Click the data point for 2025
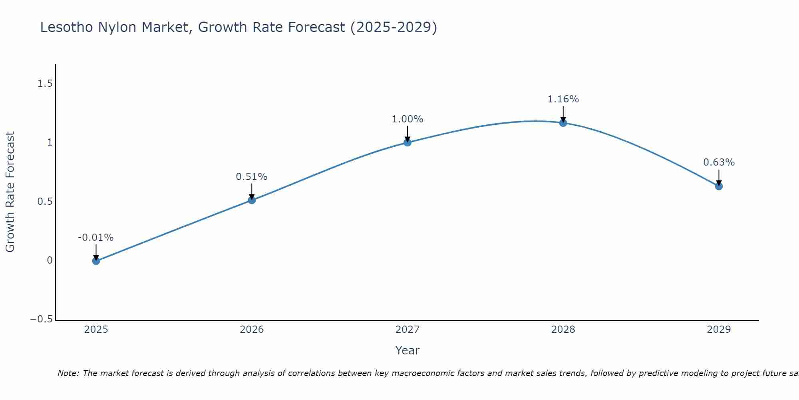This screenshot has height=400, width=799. pos(96,261)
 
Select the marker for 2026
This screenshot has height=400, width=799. pos(252,200)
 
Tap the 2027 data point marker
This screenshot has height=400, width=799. pos(407,142)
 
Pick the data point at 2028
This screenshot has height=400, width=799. pos(563,123)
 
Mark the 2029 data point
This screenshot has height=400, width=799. pos(719,186)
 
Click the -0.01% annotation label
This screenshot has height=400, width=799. pos(96,238)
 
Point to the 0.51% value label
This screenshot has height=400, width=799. pos(252,177)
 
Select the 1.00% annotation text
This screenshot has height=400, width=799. pos(407,119)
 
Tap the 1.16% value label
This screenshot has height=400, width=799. pos(563,99)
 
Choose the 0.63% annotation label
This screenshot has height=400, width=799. pos(719,162)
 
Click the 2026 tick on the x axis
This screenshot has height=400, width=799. pos(252,330)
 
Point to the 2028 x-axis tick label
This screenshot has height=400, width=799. pos(563,330)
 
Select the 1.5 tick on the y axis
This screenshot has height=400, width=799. pos(45,84)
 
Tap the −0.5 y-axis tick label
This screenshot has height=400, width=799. pos(41,319)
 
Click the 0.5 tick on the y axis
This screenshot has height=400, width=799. pos(45,202)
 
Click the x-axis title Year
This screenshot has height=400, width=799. pos(407,350)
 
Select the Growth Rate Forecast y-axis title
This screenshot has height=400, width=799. pos(10,192)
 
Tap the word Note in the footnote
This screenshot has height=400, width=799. pos(68,373)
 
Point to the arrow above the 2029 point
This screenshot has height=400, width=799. pos(719,177)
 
